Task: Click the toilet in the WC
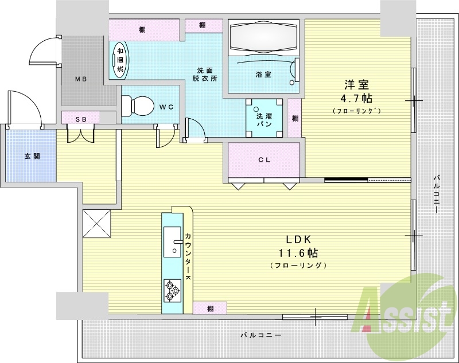click(x=137, y=106)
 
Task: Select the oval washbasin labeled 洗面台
click(x=120, y=60)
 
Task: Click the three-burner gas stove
click(x=172, y=290)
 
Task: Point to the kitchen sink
click(x=172, y=241)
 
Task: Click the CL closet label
click(x=264, y=160)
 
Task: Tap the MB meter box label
click(x=81, y=79)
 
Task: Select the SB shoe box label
click(x=81, y=119)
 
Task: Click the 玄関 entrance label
click(x=32, y=156)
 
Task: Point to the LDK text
click(x=298, y=240)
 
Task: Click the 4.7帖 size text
click(x=356, y=99)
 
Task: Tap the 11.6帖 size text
click(x=298, y=253)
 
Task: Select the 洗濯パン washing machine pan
click(x=264, y=118)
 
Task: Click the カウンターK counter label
click(x=188, y=256)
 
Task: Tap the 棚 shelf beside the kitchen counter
click(x=210, y=309)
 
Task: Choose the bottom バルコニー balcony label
click(x=261, y=335)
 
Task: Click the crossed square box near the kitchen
click(x=96, y=224)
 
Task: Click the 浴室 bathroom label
click(x=263, y=75)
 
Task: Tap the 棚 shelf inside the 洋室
click(x=295, y=118)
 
